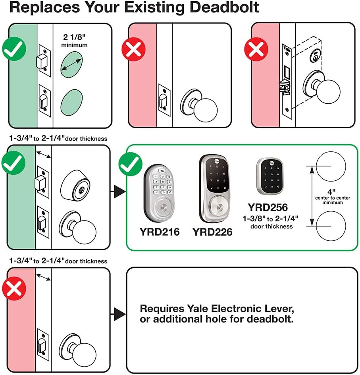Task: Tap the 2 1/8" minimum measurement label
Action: pyautogui.click(x=74, y=41)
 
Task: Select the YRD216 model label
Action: pyautogui.click(x=159, y=231)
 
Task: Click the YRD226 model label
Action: pyautogui.click(x=213, y=231)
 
